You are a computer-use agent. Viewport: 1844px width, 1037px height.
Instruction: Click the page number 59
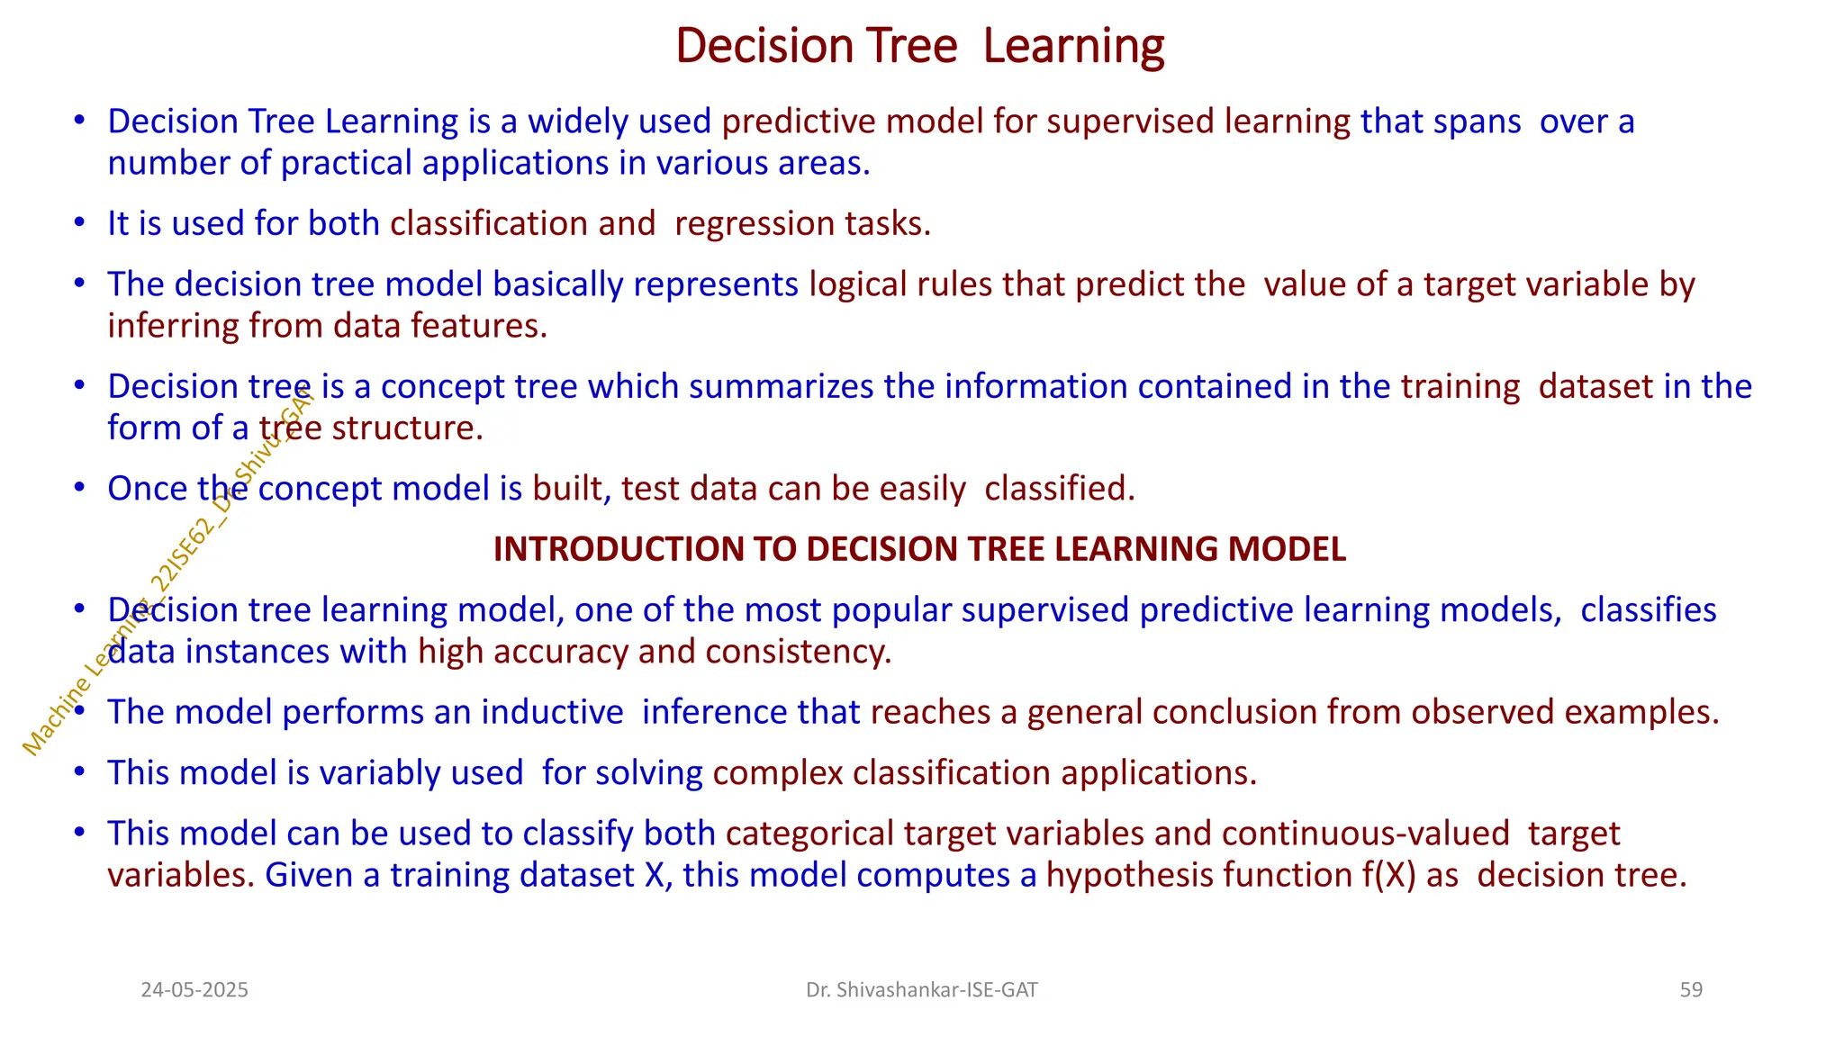1691,990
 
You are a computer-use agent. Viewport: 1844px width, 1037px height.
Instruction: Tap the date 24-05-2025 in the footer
194,990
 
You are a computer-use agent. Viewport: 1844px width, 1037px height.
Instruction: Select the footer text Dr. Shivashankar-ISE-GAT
921,990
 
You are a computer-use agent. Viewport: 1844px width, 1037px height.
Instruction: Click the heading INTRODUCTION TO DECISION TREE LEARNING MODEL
919,549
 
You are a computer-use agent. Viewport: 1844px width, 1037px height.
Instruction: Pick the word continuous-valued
1365,834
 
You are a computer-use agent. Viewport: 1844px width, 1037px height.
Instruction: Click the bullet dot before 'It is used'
80,222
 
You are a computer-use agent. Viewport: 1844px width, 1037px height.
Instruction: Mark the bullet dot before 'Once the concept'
80,488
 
